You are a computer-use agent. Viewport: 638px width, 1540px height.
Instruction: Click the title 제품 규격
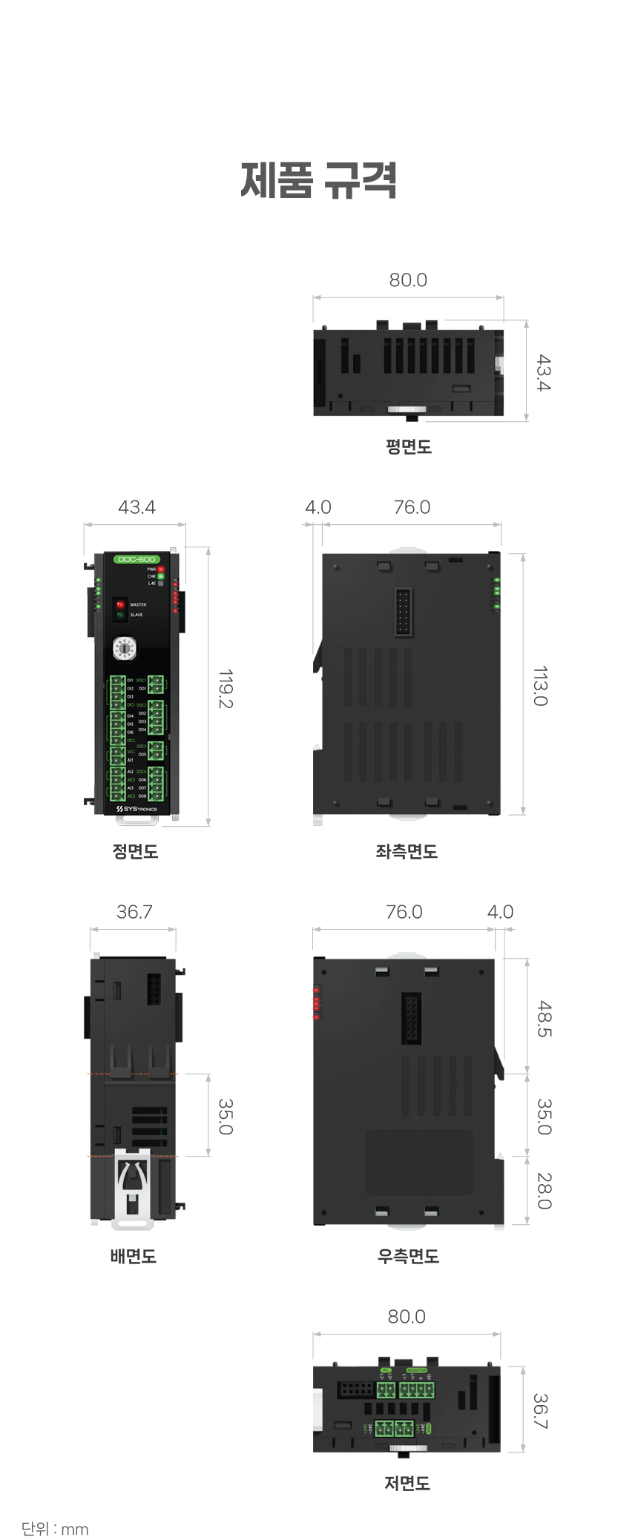[x=319, y=180]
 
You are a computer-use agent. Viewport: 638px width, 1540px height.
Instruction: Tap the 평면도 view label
[x=408, y=446]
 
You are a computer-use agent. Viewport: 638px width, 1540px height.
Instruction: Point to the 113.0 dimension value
[x=541, y=686]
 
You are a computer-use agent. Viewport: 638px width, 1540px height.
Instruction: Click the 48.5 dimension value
[x=545, y=1019]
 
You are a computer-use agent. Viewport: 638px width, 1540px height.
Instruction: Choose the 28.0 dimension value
[x=545, y=1190]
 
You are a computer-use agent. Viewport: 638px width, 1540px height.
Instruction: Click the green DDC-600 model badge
[x=137, y=559]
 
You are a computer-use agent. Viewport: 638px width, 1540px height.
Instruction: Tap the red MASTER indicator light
[x=120, y=605]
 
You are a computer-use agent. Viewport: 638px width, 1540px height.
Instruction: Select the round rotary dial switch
[x=125, y=648]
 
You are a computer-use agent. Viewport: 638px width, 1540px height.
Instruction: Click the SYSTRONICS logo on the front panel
[x=137, y=809]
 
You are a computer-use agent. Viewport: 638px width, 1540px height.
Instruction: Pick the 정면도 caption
[x=135, y=851]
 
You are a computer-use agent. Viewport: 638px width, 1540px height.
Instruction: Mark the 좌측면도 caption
[x=407, y=851]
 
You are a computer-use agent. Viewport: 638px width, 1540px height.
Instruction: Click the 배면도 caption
[x=134, y=1256]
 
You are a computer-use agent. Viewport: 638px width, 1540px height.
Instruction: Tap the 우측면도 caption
[x=408, y=1256]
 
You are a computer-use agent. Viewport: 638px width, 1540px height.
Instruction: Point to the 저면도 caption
[x=407, y=1483]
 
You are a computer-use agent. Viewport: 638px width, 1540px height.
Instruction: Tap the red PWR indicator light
[x=161, y=569]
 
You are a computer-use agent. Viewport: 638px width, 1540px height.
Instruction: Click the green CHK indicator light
[x=161, y=576]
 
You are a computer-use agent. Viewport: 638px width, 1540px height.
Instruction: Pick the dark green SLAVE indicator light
[x=120, y=615]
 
